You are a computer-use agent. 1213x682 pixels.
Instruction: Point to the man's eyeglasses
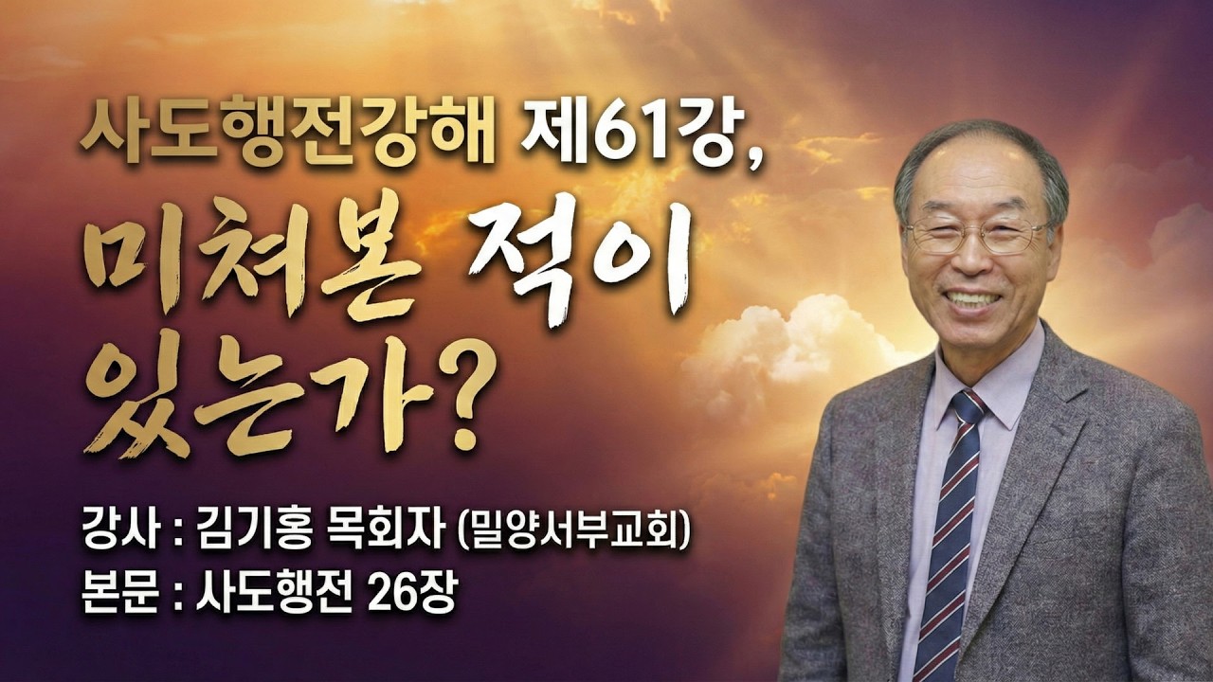pos(977,236)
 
